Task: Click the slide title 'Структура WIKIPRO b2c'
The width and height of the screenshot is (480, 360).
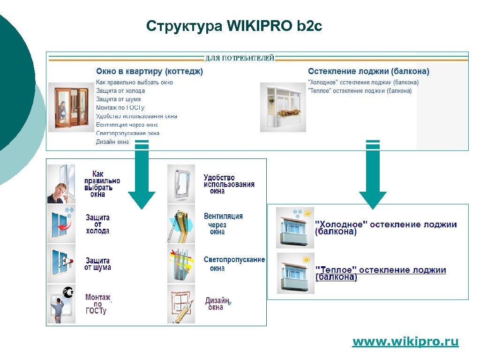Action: (x=234, y=26)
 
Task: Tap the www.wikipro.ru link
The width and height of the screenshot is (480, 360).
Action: (x=405, y=342)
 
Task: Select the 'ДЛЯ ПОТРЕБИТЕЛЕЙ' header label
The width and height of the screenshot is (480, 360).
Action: (x=240, y=58)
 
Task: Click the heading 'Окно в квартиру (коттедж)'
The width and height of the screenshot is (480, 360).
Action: (x=150, y=71)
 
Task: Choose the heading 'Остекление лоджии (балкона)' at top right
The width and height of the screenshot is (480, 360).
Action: (x=368, y=71)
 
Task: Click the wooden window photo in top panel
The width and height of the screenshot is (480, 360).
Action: (x=71, y=108)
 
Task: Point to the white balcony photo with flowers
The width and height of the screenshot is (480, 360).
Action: (x=283, y=108)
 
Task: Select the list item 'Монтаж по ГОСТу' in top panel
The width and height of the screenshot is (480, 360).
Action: (x=120, y=108)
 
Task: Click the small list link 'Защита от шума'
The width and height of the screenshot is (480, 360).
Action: (x=118, y=99)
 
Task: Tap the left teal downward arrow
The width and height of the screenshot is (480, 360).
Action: (x=142, y=178)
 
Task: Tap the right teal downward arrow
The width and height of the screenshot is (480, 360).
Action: (x=373, y=178)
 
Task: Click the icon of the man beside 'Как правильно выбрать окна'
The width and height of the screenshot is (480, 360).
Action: (x=61, y=184)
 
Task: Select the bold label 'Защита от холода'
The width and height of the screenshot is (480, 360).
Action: (x=97, y=224)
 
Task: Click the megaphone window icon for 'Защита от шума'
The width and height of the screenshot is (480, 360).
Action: (x=61, y=263)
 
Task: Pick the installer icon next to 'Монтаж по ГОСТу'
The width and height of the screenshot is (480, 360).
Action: (x=61, y=304)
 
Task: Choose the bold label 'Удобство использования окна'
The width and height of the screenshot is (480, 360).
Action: (x=229, y=184)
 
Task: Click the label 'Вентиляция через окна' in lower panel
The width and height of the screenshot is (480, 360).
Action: (x=223, y=224)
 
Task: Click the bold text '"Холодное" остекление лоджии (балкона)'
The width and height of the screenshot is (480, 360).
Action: (x=385, y=228)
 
